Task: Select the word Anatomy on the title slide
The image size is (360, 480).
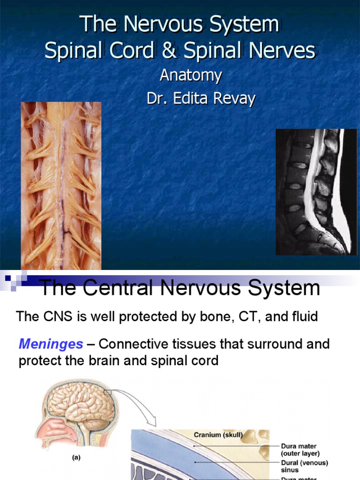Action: [x=191, y=75]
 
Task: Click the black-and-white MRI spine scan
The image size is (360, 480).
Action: [x=316, y=192]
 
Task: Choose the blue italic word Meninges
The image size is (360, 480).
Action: [x=51, y=345]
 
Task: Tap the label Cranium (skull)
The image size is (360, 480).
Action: [x=218, y=435]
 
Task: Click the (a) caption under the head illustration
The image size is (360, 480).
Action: [x=75, y=458]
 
